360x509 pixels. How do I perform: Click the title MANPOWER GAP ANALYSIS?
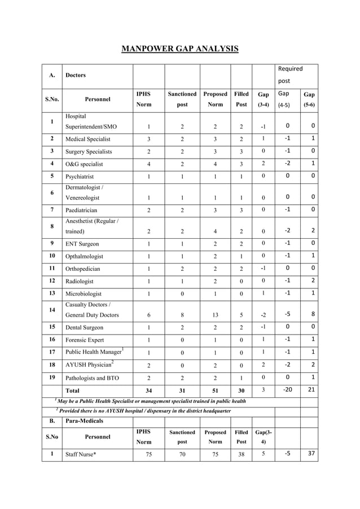click(x=180, y=49)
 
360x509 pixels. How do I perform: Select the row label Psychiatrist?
click(x=83, y=177)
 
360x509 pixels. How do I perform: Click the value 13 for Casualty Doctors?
click(x=215, y=315)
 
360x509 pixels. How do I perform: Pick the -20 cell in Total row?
click(x=288, y=389)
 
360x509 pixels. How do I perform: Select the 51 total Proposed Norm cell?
click(x=215, y=390)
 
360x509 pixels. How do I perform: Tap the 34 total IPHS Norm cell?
click(x=148, y=390)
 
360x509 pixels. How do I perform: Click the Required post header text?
click(x=291, y=74)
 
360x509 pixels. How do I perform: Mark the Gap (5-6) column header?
click(x=309, y=99)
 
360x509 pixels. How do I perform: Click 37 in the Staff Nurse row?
click(x=309, y=453)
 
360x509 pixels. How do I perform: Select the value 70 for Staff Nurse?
click(x=182, y=454)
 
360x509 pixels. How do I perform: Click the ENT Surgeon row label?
click(x=82, y=244)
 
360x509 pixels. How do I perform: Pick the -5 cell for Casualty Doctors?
click(x=288, y=314)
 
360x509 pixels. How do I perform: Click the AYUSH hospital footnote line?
click(x=146, y=411)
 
